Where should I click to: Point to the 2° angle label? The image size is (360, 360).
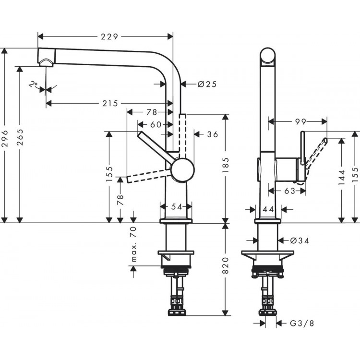(33, 85)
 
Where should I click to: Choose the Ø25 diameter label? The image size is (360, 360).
(207, 84)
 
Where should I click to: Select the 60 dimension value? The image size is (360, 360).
(155, 124)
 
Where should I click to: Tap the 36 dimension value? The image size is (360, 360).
(212, 134)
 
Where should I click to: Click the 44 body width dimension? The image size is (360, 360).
(268, 209)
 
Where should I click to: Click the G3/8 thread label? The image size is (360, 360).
(304, 324)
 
